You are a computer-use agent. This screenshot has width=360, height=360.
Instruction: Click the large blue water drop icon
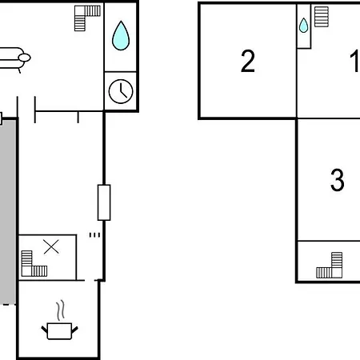[121, 36]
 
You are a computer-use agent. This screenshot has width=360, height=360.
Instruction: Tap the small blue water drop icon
[303, 26]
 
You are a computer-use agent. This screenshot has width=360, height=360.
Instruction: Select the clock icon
[121, 91]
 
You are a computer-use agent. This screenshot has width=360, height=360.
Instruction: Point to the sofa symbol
[14, 59]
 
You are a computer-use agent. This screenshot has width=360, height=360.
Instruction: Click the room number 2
[248, 61]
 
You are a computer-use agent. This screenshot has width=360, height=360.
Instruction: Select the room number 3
[338, 180]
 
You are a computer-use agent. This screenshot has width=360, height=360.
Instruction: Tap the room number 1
[355, 61]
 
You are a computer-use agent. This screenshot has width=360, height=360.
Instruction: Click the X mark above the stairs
[51, 247]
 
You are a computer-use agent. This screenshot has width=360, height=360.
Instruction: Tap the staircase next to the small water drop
[322, 17]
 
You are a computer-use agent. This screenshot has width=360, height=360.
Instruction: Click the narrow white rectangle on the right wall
[104, 202]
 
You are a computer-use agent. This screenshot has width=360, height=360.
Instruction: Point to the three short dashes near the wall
[94, 235]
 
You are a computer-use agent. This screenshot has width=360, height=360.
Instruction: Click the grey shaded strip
[8, 212]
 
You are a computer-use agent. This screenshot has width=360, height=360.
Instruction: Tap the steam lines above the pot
[61, 310]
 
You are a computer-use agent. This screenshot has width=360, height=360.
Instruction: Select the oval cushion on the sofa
[24, 58]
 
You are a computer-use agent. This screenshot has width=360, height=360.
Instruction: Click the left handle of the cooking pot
[44, 330]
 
